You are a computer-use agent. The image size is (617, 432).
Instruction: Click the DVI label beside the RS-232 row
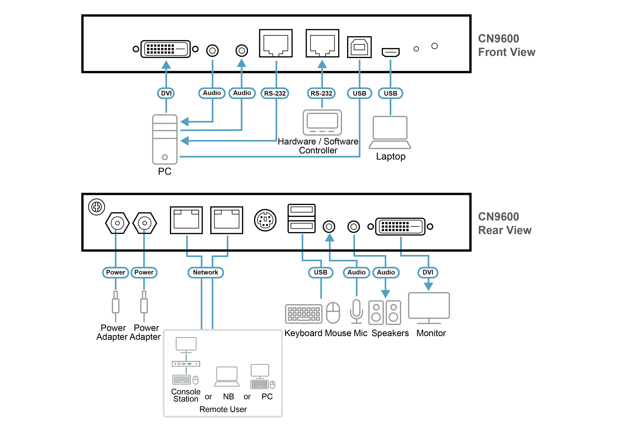166,93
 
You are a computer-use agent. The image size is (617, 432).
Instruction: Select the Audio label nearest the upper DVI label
212,93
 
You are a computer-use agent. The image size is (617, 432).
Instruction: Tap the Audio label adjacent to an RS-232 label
242,93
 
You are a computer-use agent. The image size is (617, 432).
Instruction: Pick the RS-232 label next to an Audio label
275,93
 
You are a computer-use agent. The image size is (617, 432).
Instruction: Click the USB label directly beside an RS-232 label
359,93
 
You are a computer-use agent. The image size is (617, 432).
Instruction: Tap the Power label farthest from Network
115,272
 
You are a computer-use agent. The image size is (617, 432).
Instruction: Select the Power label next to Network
144,272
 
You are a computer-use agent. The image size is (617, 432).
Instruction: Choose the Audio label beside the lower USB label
356,272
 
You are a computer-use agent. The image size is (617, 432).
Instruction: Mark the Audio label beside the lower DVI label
386,272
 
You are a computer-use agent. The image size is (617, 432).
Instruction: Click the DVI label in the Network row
428,272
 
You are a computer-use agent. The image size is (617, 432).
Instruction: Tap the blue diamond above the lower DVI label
401,243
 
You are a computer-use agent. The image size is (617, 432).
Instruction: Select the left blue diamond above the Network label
187,242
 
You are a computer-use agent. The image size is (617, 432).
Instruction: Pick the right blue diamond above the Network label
227,242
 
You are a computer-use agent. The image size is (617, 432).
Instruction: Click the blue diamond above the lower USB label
302,241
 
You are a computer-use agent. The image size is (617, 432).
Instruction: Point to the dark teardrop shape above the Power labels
98,210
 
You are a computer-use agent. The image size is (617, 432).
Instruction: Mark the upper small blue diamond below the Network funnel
186,357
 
